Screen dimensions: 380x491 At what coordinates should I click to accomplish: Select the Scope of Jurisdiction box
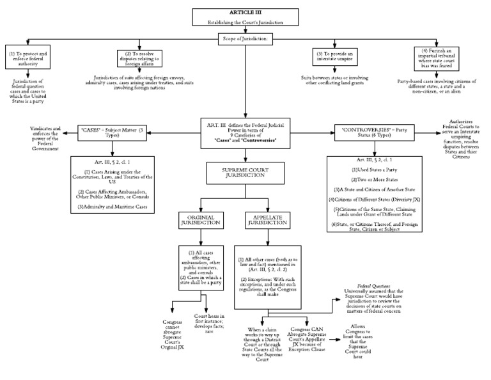(x=245, y=38)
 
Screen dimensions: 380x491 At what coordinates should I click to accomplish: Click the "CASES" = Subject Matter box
(x=113, y=135)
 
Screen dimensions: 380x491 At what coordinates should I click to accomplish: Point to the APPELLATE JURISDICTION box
(x=263, y=221)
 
